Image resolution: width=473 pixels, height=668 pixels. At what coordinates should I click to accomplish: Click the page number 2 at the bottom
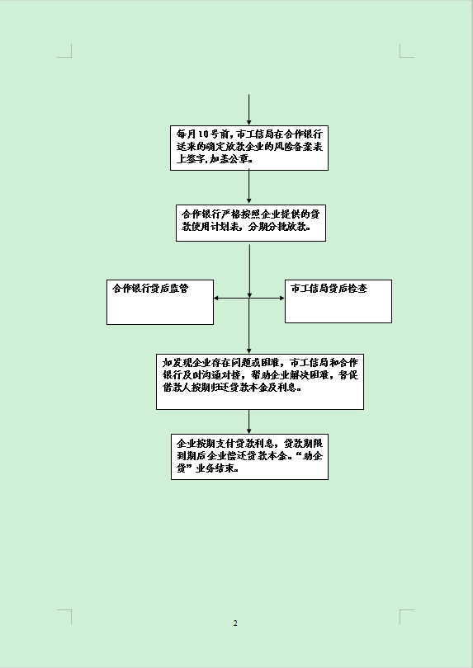click(235, 623)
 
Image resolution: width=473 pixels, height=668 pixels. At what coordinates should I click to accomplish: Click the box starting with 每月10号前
click(249, 148)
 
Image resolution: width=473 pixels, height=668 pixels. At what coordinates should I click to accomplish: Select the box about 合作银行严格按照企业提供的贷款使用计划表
click(251, 223)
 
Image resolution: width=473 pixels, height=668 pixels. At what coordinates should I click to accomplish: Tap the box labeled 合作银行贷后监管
click(160, 302)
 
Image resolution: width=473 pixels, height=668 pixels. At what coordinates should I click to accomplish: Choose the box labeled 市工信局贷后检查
click(338, 301)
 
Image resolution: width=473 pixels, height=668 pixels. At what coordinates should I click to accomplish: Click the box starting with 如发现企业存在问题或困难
click(260, 381)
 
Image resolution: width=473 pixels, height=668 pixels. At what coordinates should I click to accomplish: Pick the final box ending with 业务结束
click(249, 457)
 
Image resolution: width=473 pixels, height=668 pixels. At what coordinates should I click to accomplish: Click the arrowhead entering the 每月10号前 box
click(249, 122)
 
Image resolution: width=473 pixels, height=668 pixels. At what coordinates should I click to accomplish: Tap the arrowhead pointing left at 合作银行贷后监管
click(216, 299)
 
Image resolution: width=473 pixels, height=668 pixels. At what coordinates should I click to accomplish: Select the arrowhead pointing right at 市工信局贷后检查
click(282, 299)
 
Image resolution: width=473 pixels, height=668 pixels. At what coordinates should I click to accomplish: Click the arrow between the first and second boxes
click(249, 187)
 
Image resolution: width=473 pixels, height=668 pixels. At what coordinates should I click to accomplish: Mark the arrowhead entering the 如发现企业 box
click(249, 350)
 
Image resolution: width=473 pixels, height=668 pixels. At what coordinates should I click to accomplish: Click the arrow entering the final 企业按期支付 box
click(249, 421)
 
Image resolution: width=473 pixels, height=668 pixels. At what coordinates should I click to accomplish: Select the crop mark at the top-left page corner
click(68, 54)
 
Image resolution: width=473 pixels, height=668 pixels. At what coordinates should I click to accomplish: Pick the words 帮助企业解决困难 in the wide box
click(292, 375)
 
